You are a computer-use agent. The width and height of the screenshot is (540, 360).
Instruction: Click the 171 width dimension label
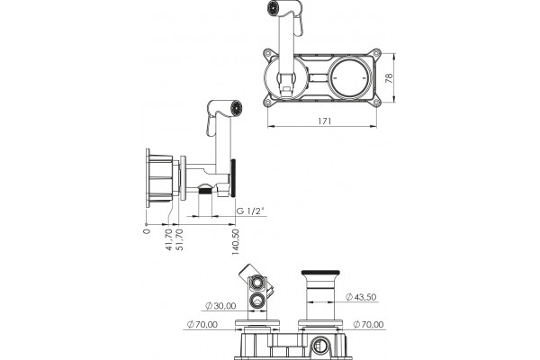tap(324, 121)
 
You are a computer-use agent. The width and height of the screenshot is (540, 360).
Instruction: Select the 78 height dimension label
tap(390, 78)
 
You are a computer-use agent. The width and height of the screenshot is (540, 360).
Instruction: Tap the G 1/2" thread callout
tap(250, 211)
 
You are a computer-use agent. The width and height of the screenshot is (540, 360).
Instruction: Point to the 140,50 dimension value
tap(236, 242)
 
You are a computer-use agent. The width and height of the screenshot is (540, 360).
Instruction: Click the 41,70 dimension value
tap(169, 239)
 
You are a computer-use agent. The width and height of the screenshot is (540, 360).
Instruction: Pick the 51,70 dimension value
tap(179, 239)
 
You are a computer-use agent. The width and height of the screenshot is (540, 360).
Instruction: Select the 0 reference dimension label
tap(147, 231)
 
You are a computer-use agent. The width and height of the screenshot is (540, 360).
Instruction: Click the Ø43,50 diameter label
tap(361, 297)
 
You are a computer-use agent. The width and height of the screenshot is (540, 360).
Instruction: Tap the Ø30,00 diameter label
tap(220, 306)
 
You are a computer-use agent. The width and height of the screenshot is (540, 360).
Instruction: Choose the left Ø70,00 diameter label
tap(202, 325)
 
